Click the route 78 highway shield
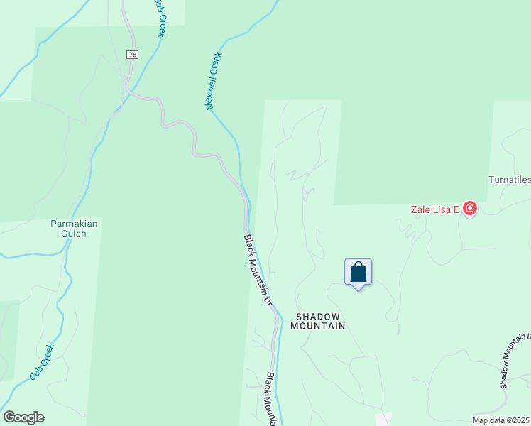(132, 55)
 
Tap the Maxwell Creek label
(214, 80)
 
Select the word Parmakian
(74, 224)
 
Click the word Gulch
(74, 234)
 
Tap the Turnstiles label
(509, 180)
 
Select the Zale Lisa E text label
(434, 209)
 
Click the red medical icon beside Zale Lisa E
(469, 209)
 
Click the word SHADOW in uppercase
(318, 317)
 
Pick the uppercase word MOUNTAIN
(318, 326)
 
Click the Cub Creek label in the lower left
(41, 361)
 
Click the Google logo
(23, 417)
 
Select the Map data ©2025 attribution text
(501, 420)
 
